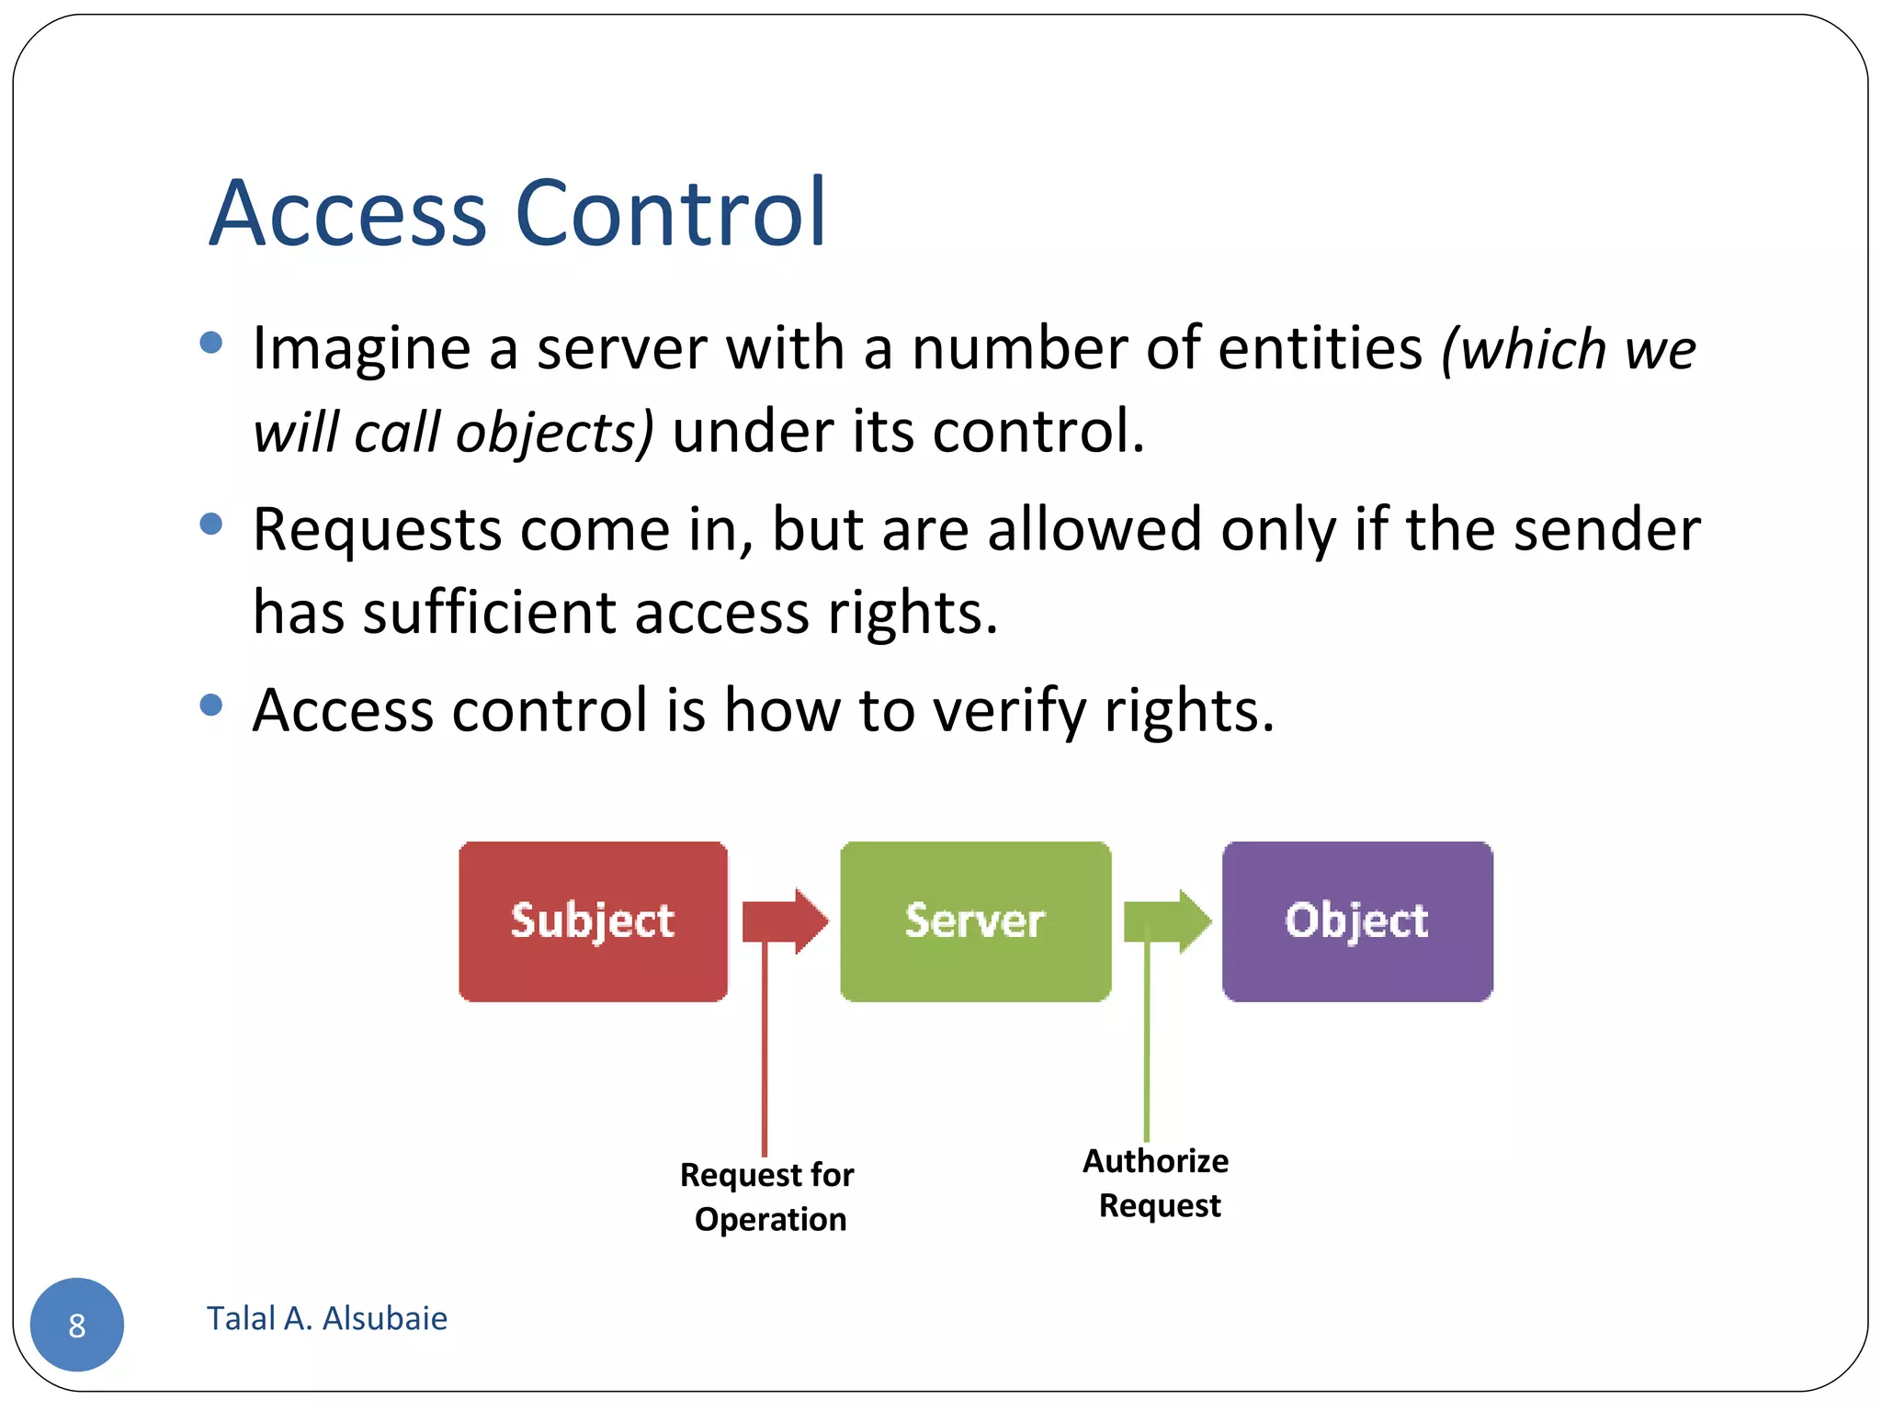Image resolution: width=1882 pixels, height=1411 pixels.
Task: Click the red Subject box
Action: tap(593, 920)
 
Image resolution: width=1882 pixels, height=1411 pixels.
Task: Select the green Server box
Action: tap(975, 920)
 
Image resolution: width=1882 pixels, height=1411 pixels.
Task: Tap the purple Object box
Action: tap(1356, 920)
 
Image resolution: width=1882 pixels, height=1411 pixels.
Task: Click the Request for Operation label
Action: tap(768, 1196)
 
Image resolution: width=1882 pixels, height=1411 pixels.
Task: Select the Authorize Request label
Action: tap(1157, 1182)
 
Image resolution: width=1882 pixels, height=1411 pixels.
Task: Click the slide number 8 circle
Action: tap(77, 1324)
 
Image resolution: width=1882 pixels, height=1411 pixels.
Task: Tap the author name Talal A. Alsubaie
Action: tap(326, 1318)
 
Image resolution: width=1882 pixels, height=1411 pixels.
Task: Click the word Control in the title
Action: tap(671, 213)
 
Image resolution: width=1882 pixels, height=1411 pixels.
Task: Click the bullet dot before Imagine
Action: tap(211, 343)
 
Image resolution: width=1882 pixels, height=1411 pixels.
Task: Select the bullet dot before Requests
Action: tap(211, 524)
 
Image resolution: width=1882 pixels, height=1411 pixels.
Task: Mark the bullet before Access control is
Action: tap(211, 705)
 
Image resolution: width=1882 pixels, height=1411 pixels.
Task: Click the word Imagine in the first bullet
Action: tap(362, 348)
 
